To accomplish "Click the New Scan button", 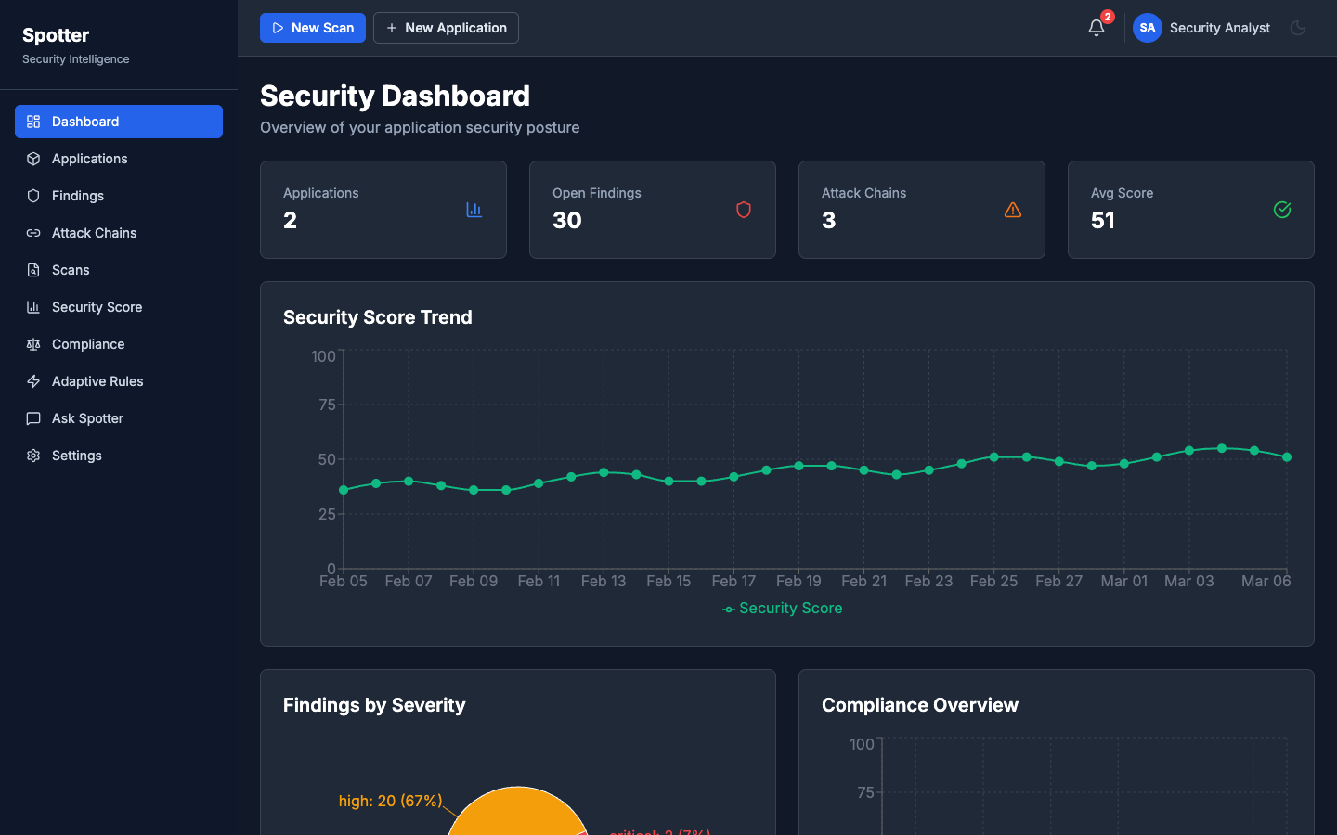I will (313, 28).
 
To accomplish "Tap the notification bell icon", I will (1097, 28).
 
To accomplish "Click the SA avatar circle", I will (1148, 28).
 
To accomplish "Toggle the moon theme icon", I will (1298, 28).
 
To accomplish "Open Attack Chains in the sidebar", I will (94, 233).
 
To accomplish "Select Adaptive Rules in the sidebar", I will (97, 381).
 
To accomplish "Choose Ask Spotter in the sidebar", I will (87, 418).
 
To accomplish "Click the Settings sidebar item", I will (77, 456).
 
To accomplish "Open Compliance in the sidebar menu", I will (88, 344).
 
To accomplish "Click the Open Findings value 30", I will (567, 221).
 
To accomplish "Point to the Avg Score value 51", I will (1103, 221).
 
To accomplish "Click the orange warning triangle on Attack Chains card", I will (1013, 210).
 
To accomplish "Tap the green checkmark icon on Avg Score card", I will (1282, 210).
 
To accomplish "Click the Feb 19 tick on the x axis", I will (798, 581).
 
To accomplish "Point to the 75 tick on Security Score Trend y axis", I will (327, 405).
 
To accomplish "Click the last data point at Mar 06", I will (1287, 457).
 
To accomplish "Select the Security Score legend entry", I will (783, 609).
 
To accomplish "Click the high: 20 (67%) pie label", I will (390, 801).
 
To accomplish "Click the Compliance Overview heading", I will (919, 705).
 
